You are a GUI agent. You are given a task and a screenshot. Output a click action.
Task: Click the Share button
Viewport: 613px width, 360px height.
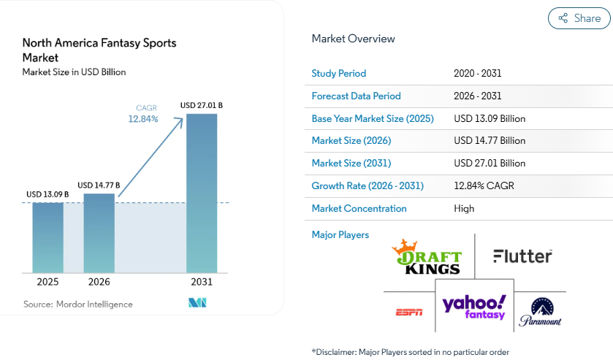coord(579,18)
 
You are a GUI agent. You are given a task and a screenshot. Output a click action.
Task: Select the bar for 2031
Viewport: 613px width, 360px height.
coord(202,193)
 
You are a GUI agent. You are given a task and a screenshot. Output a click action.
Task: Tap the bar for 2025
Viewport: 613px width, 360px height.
coord(47,237)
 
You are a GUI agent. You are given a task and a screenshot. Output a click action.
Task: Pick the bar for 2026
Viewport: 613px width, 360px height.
coord(99,233)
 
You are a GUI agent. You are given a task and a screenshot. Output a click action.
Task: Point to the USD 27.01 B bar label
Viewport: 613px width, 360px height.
coord(202,106)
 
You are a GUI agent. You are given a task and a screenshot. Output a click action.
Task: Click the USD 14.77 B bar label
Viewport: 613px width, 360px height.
coord(99,185)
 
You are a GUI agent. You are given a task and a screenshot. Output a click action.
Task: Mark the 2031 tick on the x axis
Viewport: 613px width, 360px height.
coord(202,282)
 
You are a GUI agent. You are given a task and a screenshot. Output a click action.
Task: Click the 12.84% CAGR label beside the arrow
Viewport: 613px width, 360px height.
coord(143,119)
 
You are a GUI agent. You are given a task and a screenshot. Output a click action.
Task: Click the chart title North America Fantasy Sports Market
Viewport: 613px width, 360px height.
coord(99,50)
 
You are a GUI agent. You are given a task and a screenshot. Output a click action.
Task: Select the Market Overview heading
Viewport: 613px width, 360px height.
coord(353,39)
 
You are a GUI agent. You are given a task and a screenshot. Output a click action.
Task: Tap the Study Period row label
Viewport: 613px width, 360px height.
coord(339,73)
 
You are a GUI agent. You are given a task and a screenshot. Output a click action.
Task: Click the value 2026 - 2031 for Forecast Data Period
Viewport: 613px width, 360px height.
coord(477,96)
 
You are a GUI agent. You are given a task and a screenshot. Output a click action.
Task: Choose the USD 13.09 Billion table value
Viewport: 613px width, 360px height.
coord(490,118)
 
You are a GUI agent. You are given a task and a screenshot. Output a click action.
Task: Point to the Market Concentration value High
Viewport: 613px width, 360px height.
coord(464,208)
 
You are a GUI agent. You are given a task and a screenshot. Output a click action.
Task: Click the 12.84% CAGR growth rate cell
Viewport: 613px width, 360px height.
coord(484,185)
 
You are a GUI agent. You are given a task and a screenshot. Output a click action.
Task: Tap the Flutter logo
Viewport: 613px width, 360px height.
coord(522,256)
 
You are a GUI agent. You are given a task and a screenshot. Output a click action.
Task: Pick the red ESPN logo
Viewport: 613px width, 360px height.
coord(409,313)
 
